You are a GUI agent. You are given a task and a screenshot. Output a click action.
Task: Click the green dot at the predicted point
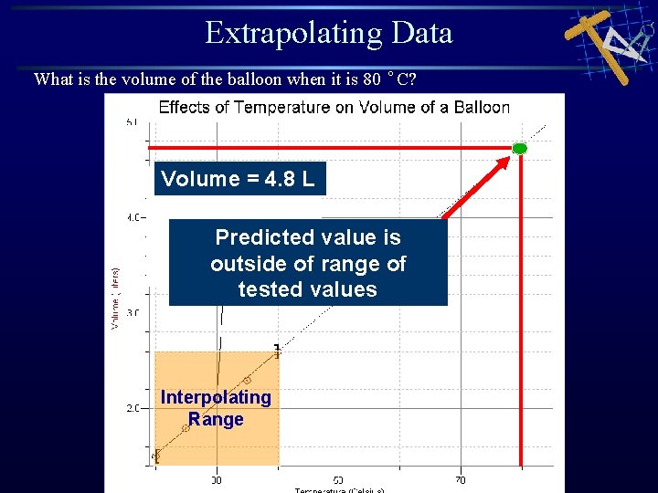519,148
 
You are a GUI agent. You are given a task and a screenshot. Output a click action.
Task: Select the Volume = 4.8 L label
238,179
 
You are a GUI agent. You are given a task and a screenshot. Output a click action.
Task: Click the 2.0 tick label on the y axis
135,408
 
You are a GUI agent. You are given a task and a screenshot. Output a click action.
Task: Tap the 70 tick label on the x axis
460,479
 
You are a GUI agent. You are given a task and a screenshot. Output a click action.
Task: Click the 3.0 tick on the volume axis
135,312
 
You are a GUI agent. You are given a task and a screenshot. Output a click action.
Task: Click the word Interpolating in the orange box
216,397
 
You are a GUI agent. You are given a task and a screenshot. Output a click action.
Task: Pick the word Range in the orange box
216,420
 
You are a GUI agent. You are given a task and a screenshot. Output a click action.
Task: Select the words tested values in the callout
307,289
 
